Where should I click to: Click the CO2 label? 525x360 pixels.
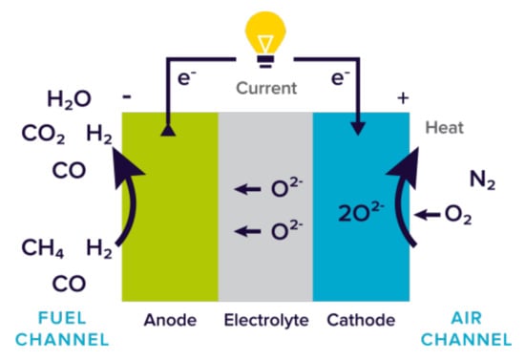point(43,135)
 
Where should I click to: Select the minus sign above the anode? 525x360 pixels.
point(127,97)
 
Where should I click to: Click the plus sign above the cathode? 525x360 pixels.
point(402,97)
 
